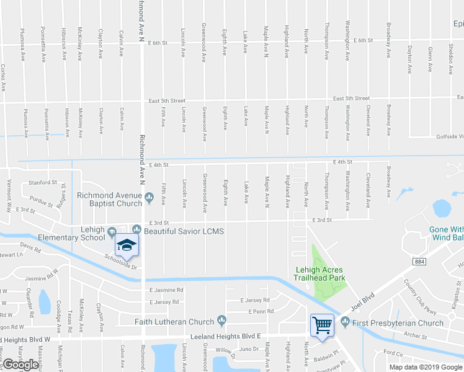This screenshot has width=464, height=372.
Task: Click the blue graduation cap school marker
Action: (127, 245)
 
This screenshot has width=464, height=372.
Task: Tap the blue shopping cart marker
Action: (323, 324)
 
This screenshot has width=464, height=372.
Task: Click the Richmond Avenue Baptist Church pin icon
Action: (149, 199)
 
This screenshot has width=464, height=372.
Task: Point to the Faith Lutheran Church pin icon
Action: (221, 321)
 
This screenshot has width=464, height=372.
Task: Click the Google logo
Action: (20, 365)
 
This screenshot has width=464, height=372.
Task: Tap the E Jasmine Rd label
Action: (166, 290)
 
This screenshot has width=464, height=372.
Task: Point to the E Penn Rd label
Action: (261, 311)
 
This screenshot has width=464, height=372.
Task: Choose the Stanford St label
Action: (43, 183)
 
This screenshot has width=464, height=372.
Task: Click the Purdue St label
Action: (42, 201)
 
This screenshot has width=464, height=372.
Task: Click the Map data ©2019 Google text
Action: (426, 367)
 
